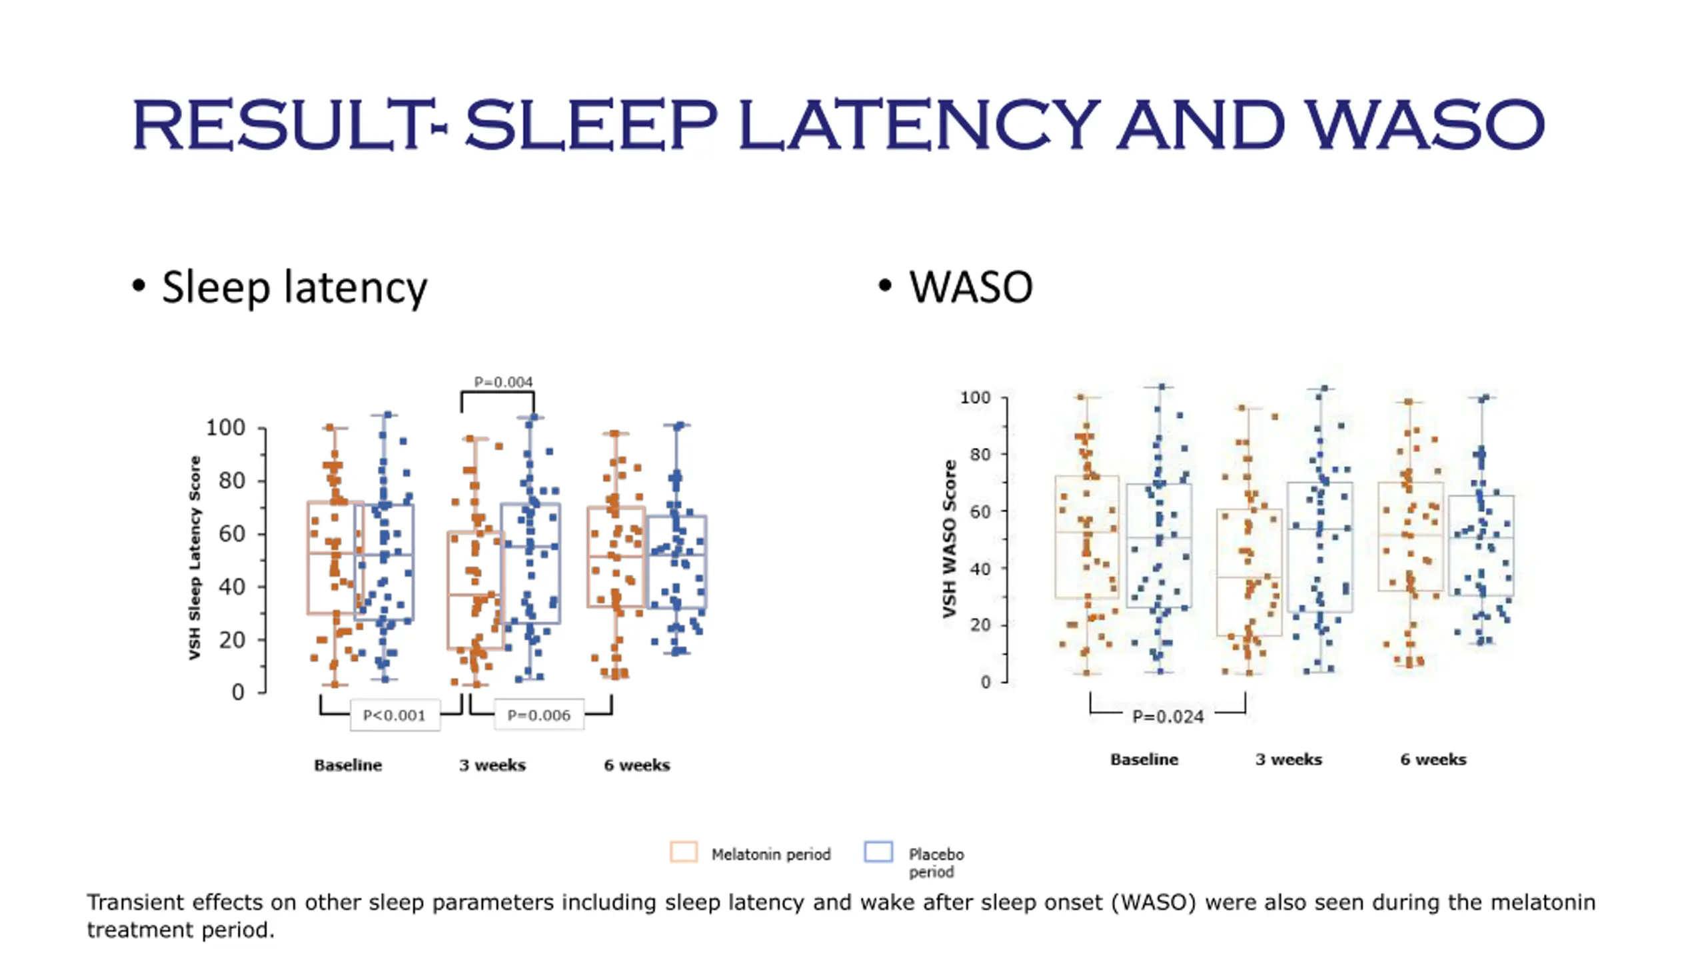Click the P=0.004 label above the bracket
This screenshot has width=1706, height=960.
click(x=503, y=382)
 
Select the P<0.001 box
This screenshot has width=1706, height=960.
click(x=394, y=715)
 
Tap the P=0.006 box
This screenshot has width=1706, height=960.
click(x=538, y=715)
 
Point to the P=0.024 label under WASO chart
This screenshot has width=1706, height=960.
click(x=1168, y=717)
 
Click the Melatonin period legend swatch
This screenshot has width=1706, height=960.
click(x=684, y=853)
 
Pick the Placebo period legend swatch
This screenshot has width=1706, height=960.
click(x=878, y=853)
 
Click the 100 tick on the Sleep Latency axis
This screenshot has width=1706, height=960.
click(x=225, y=427)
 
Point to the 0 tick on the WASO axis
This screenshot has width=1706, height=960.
click(x=985, y=682)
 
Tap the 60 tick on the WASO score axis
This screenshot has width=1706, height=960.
click(x=980, y=511)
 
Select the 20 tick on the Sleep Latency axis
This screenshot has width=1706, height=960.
click(x=232, y=640)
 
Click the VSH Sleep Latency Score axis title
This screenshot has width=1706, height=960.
click(x=195, y=558)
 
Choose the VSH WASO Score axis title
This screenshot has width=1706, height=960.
click(x=950, y=539)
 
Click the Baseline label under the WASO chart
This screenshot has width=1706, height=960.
click(x=1144, y=759)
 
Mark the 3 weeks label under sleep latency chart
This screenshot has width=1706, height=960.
click(x=492, y=765)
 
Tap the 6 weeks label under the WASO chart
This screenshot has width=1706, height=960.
click(x=1433, y=759)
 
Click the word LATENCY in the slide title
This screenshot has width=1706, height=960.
click(x=920, y=125)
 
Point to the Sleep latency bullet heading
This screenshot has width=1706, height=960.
click(x=294, y=287)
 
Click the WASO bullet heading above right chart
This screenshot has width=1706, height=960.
click(x=970, y=287)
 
